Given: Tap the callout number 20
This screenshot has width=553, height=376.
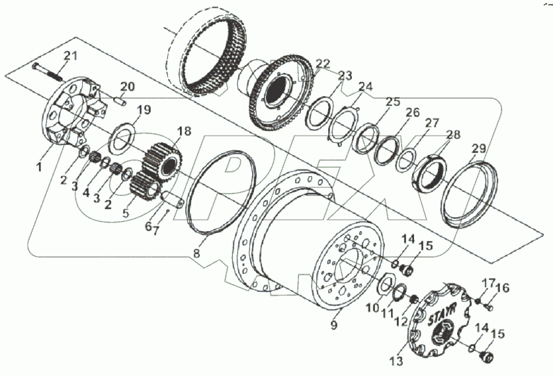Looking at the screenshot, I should click(127, 86).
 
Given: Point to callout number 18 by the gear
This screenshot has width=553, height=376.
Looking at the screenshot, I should click(183, 131).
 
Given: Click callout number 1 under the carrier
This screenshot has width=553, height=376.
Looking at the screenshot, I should click(39, 167).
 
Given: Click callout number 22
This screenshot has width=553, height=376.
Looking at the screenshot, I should click(322, 63).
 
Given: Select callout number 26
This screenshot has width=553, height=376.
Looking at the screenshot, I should click(412, 113).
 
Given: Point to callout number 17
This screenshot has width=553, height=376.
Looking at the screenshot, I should click(487, 284).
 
